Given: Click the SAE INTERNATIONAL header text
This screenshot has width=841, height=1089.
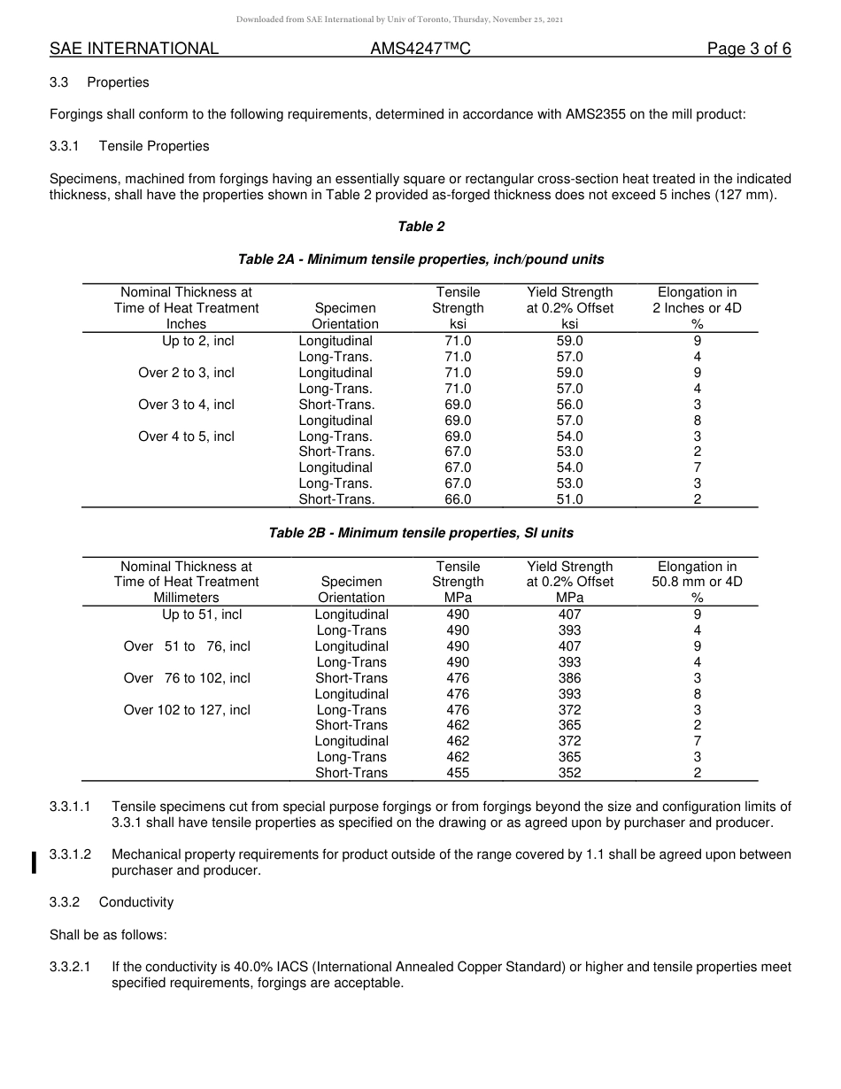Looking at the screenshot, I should pyautogui.click(x=134, y=49).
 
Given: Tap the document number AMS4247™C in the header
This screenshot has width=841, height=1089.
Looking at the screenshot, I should pyautogui.click(x=420, y=49).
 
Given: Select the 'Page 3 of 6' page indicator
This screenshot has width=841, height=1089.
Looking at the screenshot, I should pyautogui.click(x=748, y=49).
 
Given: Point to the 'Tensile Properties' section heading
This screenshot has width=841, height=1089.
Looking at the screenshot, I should pyautogui.click(x=154, y=146).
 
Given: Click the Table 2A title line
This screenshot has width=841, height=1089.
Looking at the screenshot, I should pyautogui.click(x=420, y=259).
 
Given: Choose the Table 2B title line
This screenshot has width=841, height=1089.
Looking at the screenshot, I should pyautogui.click(x=420, y=533).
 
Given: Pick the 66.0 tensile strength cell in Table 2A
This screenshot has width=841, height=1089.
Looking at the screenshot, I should pyautogui.click(x=458, y=499).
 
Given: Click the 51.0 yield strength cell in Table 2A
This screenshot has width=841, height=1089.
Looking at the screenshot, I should pyautogui.click(x=569, y=499).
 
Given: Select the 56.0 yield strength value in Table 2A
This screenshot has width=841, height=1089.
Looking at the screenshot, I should pyautogui.click(x=569, y=405).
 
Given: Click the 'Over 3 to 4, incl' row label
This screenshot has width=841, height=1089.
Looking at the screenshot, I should pyautogui.click(x=186, y=405).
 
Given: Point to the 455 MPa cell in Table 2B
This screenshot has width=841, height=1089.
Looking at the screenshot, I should pyautogui.click(x=458, y=773).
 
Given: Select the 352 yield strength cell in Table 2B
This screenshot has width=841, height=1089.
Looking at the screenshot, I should pyautogui.click(x=569, y=773).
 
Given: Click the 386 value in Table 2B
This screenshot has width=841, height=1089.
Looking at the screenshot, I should pyautogui.click(x=569, y=678).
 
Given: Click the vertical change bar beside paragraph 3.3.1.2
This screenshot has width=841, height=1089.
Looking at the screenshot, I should pyautogui.click(x=34, y=862).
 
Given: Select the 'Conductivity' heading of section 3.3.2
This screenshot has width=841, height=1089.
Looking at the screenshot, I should pyautogui.click(x=136, y=902).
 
